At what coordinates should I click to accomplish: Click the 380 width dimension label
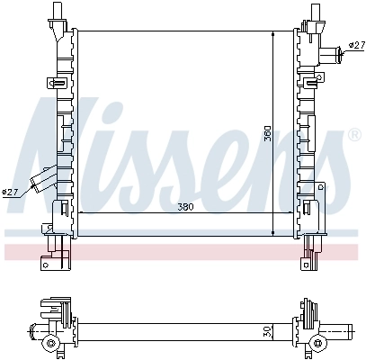coord(185,207)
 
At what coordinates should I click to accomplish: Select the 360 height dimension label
coord(268,133)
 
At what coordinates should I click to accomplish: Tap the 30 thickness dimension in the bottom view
coord(268,332)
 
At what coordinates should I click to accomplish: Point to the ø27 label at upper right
coord(357,45)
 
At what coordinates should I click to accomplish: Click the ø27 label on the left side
coord(10,192)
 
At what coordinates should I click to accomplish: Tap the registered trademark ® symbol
coord(354,135)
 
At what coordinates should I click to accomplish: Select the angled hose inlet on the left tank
coord(43,179)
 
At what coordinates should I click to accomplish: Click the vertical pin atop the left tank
coord(57,12)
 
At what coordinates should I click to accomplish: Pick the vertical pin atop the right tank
coord(315,12)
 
